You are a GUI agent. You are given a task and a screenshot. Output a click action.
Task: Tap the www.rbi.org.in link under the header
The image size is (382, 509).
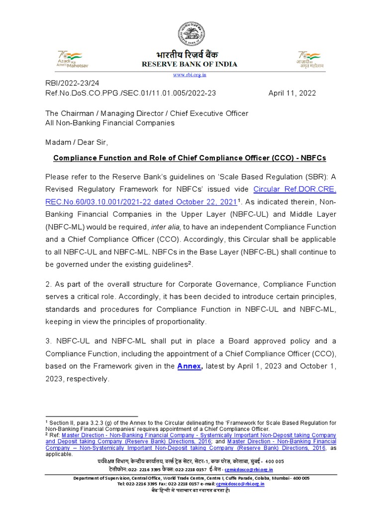point(190,75)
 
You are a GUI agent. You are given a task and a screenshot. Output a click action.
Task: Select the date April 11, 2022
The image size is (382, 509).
point(292,93)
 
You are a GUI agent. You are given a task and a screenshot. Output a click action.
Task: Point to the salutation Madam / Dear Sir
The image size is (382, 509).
point(76,142)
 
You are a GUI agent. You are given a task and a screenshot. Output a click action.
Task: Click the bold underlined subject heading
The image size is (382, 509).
point(190,158)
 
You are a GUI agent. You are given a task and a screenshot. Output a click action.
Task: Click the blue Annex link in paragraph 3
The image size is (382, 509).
point(189,366)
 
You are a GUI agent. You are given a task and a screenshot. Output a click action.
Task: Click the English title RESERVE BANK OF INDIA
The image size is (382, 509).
point(190,64)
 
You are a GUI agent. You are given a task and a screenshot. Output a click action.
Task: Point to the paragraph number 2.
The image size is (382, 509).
point(48,284)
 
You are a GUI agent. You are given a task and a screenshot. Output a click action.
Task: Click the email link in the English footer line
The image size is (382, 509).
point(241,484)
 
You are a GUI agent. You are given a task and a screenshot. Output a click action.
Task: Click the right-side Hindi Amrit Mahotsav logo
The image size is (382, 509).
point(310,59)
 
